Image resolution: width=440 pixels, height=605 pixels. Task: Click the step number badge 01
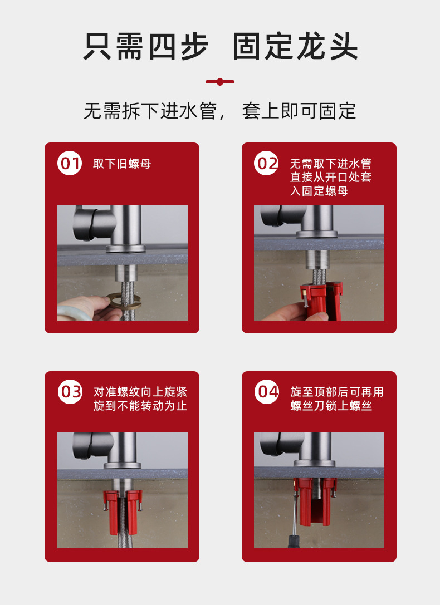(70, 164)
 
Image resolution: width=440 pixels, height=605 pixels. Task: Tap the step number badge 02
(266, 164)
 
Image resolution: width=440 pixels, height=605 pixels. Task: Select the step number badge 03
(70, 392)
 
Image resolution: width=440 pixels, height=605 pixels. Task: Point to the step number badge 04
(267, 392)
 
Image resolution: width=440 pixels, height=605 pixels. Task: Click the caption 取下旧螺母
(122, 164)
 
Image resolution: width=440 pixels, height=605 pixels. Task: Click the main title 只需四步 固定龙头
(221, 47)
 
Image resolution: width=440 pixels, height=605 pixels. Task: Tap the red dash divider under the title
(220, 82)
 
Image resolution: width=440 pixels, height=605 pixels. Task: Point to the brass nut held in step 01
(124, 301)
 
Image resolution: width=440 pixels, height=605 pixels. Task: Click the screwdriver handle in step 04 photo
(294, 541)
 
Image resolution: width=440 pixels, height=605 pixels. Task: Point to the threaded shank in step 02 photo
(316, 259)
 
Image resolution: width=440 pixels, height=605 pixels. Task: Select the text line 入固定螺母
(319, 191)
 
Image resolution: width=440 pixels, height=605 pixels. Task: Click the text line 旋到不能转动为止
(140, 406)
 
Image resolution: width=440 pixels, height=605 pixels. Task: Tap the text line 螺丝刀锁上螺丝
(331, 406)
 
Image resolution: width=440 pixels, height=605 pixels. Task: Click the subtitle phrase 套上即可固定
(299, 111)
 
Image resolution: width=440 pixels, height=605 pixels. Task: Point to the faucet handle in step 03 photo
(92, 445)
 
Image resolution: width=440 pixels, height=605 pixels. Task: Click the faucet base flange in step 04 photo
(314, 463)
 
